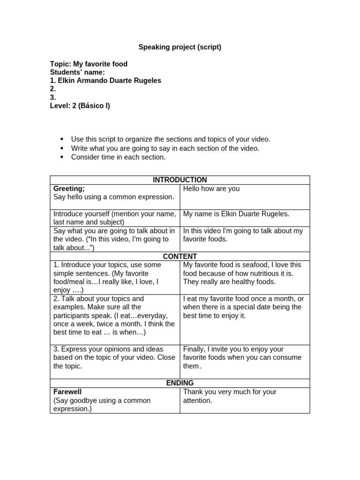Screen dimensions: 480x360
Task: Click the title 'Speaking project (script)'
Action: pyautogui.click(x=180, y=47)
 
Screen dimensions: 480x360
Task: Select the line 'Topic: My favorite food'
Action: pyautogui.click(x=89, y=64)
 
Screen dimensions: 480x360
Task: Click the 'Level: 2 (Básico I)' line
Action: pyautogui.click(x=80, y=105)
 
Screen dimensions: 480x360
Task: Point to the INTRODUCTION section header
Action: pyautogui.click(x=180, y=180)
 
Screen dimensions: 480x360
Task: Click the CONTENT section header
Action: pyautogui.click(x=180, y=256)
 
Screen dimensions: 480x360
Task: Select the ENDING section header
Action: pyautogui.click(x=180, y=383)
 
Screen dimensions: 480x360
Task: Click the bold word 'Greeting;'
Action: pyautogui.click(x=69, y=188)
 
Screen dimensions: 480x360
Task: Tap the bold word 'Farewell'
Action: pyautogui.click(x=67, y=391)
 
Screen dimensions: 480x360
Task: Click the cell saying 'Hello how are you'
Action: pyautogui.click(x=211, y=188)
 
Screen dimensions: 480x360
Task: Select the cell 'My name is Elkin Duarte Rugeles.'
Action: pyautogui.click(x=236, y=214)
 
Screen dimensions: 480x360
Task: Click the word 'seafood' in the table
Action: pyautogui.click(x=253, y=265)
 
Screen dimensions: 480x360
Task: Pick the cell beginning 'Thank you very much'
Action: pyautogui.click(x=230, y=396)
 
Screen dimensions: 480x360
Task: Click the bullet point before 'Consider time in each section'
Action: pyautogui.click(x=62, y=157)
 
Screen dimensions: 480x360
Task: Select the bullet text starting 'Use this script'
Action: pyautogui.click(x=171, y=139)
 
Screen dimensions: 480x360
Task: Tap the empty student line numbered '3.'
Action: pyautogui.click(x=53, y=97)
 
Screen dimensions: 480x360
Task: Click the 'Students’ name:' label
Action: pyautogui.click(x=77, y=72)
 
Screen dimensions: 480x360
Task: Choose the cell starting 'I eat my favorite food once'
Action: pyautogui.click(x=243, y=307)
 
